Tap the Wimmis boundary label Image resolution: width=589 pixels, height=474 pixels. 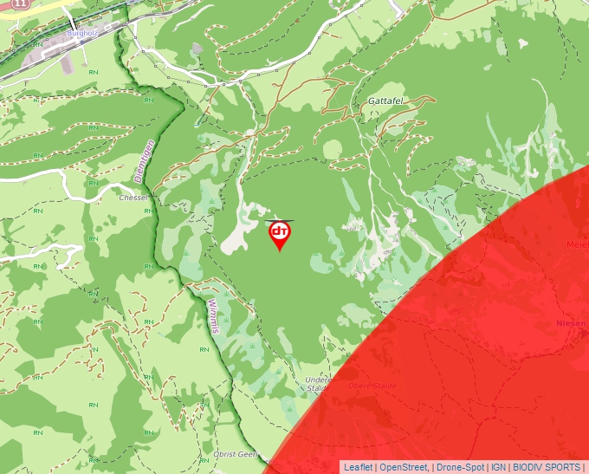click(x=215, y=318)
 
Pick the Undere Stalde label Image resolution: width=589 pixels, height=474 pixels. click(x=317, y=384)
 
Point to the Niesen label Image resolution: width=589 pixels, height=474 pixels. click(x=572, y=323)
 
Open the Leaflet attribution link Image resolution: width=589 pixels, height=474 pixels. click(x=359, y=467)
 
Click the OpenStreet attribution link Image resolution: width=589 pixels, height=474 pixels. click(x=404, y=467)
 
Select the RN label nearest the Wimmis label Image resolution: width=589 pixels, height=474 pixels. click(x=203, y=349)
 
